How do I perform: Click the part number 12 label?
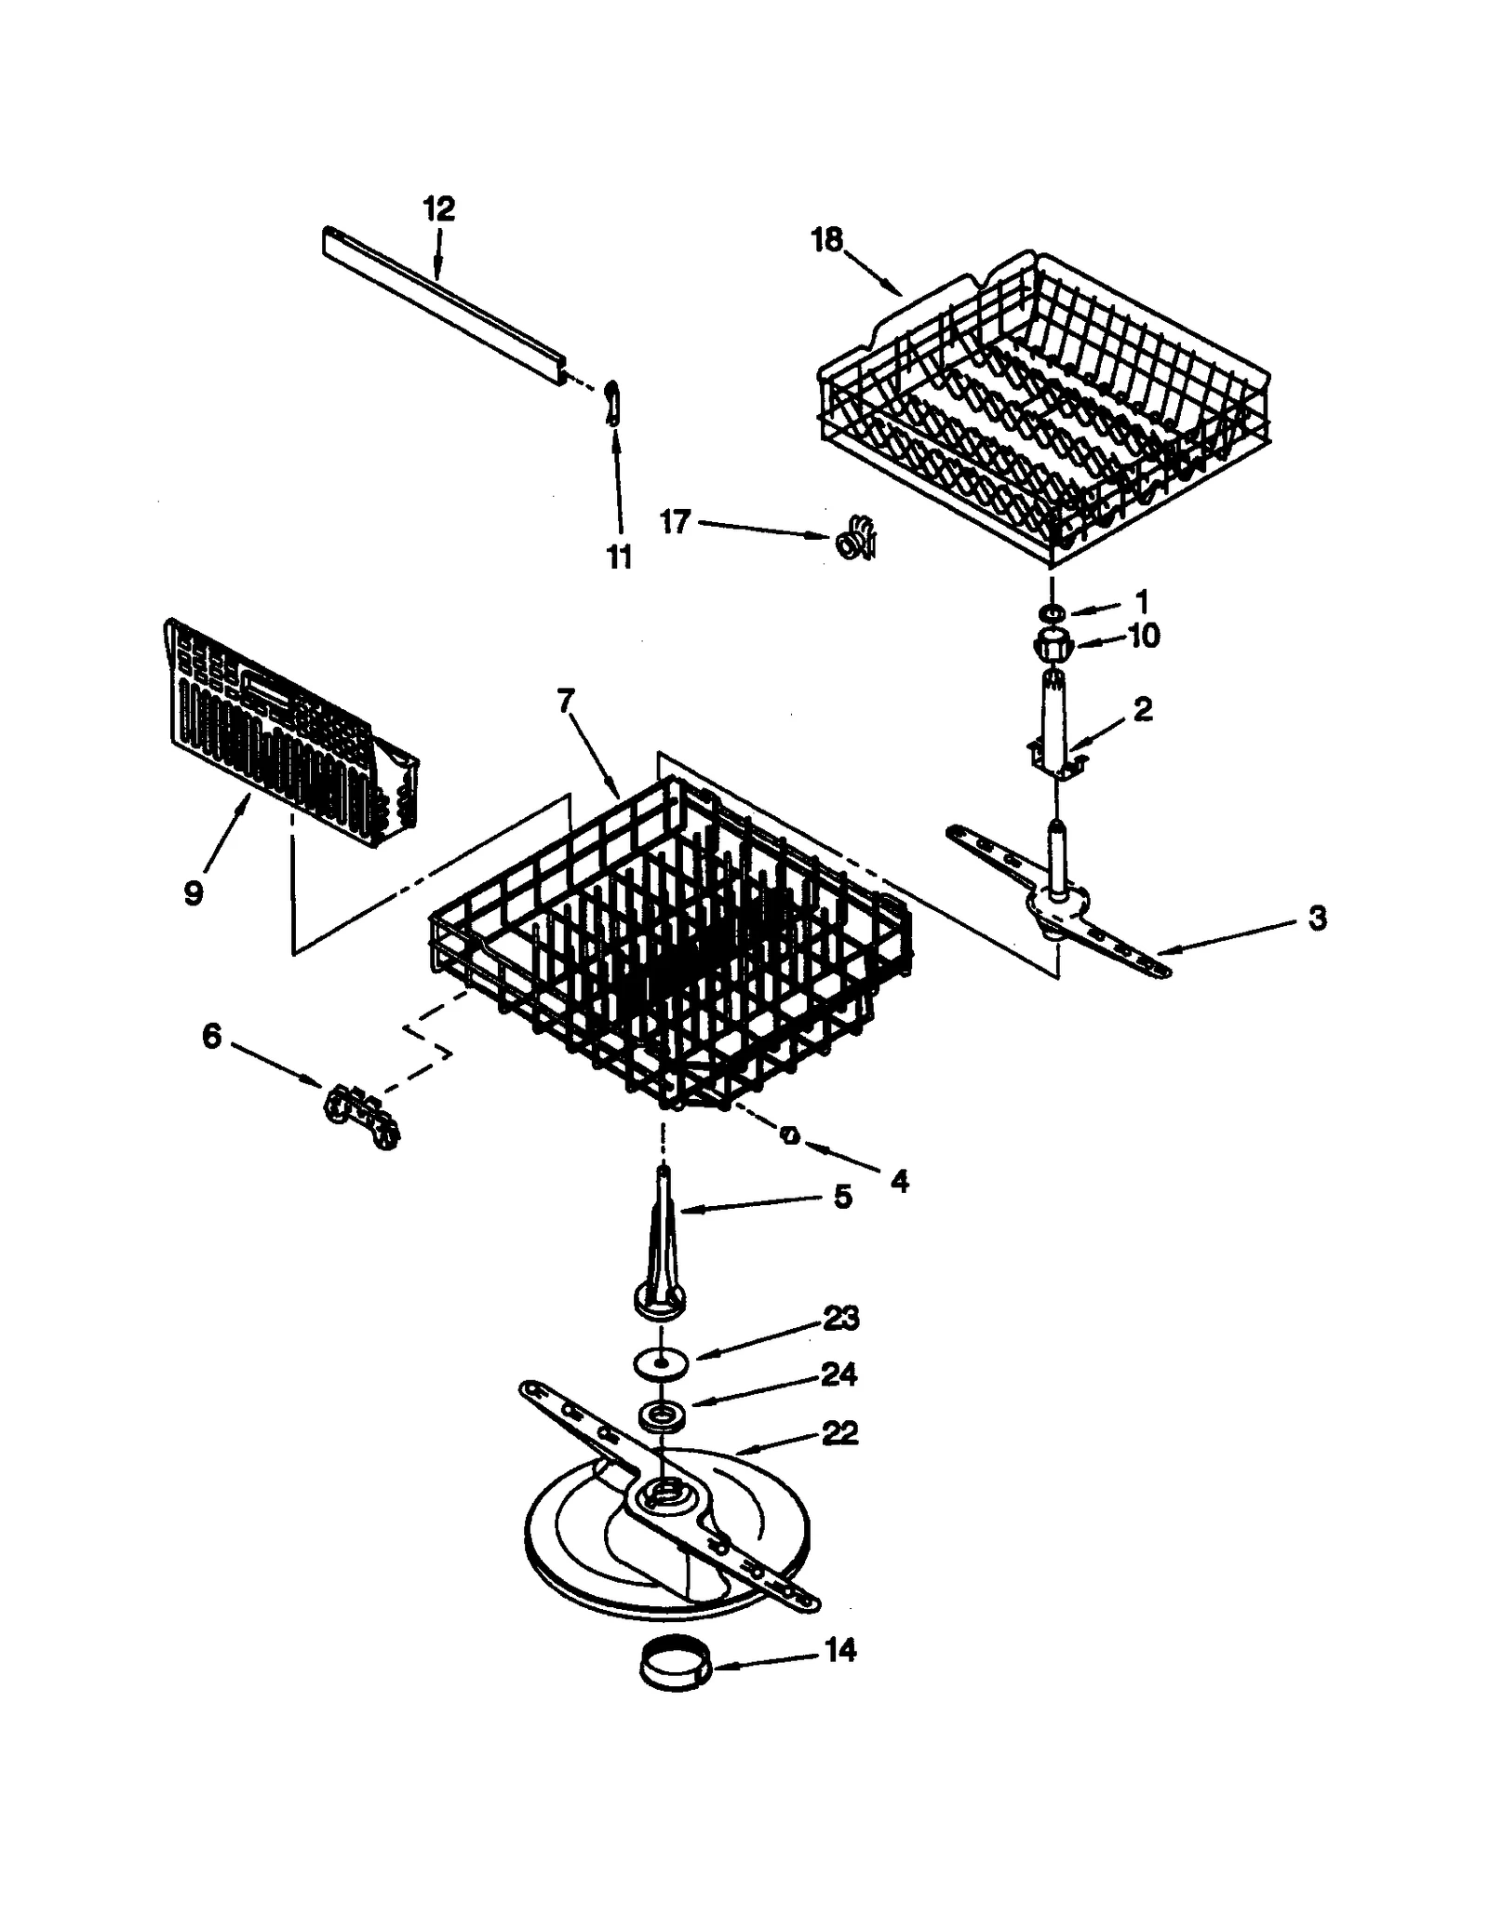point(438,208)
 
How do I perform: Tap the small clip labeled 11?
point(611,401)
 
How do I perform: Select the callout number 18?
point(825,240)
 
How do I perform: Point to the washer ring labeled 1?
point(1053,612)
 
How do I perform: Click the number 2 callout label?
point(1143,709)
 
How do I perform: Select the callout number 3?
point(1317,918)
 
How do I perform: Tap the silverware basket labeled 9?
point(288,735)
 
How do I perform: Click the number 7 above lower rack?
point(567,700)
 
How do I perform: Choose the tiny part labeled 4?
point(790,1135)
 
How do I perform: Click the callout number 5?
point(842,1196)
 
